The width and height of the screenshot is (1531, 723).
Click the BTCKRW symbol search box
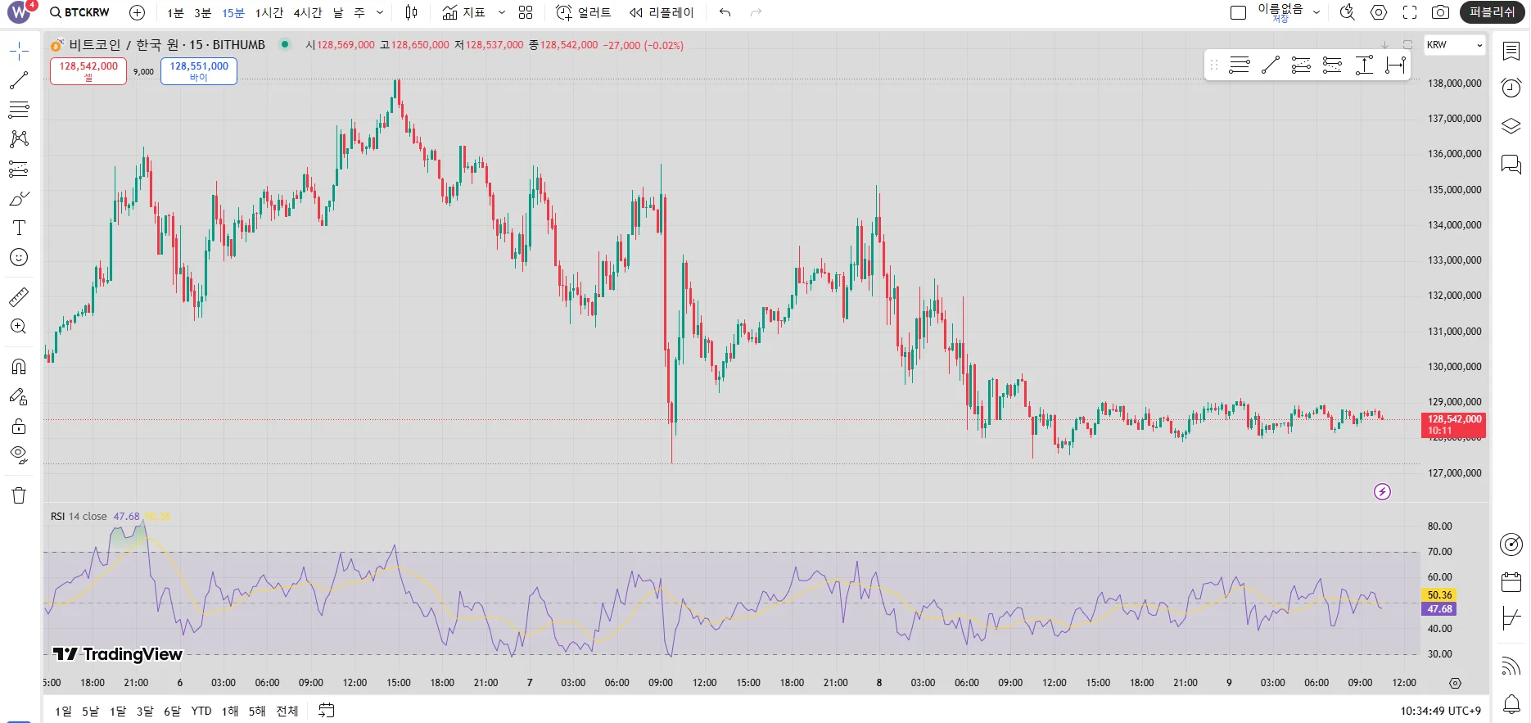tap(80, 12)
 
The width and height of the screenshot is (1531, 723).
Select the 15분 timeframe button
tap(233, 13)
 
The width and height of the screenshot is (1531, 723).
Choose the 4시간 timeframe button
tap(308, 13)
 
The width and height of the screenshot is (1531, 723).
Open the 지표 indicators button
tap(464, 13)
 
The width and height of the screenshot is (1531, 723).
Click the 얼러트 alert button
tap(584, 13)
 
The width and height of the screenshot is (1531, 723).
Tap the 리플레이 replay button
tap(662, 13)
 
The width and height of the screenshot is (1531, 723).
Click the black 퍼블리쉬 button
tap(1492, 12)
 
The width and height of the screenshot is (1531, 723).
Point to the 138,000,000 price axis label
tap(1455, 84)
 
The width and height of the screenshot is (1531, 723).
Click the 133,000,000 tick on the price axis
tap(1455, 260)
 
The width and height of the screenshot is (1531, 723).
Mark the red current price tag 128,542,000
tap(1454, 424)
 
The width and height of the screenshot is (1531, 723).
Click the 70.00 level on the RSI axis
tap(1440, 552)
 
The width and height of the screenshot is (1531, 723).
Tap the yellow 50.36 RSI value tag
tap(1439, 595)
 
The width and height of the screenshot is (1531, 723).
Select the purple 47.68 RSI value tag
tap(1439, 609)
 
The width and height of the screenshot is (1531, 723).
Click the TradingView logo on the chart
tap(118, 653)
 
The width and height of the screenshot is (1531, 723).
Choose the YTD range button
tap(201, 711)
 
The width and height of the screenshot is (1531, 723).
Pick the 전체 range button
tap(287, 711)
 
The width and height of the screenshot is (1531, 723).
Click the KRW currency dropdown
tap(1454, 45)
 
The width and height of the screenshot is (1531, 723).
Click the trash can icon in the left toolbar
tap(19, 495)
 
